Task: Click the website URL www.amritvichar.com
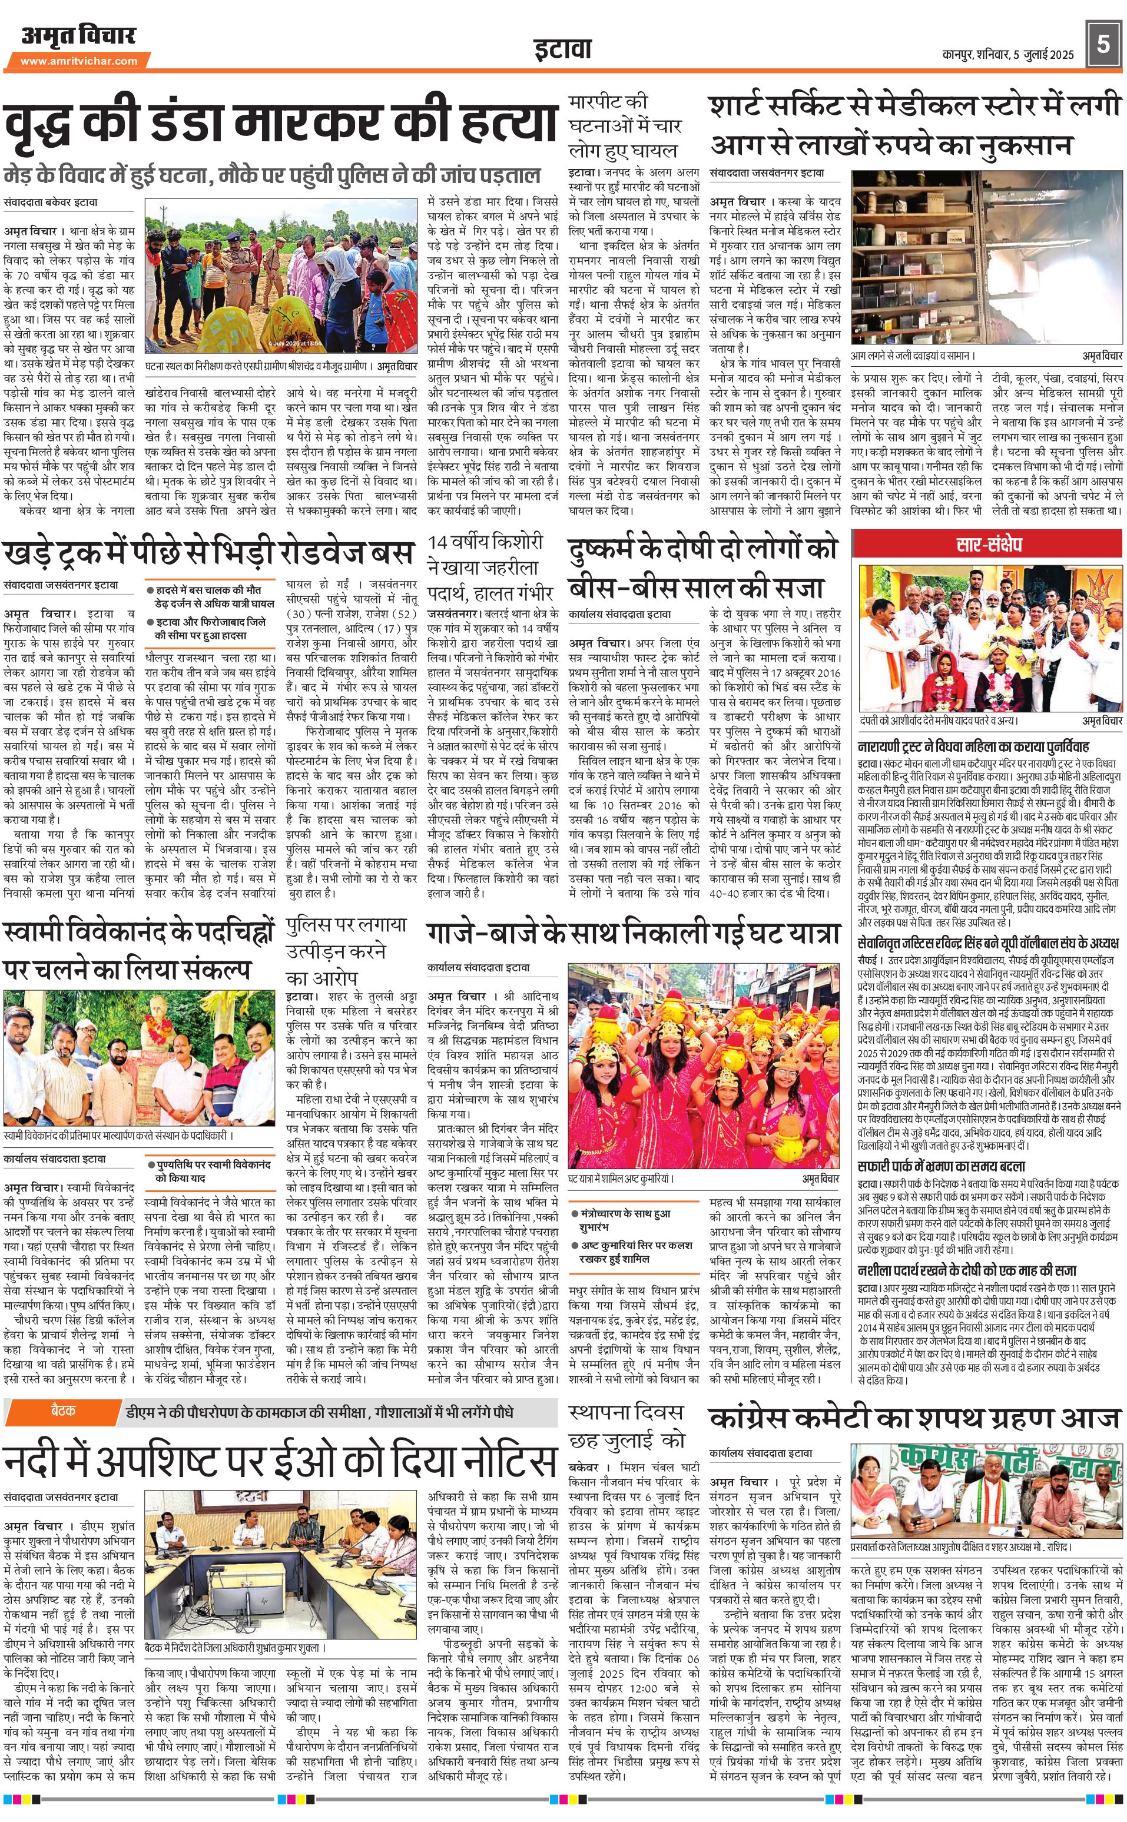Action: (x=79, y=61)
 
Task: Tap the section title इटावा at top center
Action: (x=563, y=49)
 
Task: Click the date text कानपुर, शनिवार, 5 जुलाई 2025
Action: (x=1007, y=54)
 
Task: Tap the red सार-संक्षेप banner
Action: (x=987, y=544)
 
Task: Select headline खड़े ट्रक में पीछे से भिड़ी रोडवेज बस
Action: (x=208, y=553)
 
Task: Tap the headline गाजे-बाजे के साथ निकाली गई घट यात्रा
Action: (x=634, y=933)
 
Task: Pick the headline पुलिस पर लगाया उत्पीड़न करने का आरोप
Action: (x=347, y=951)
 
